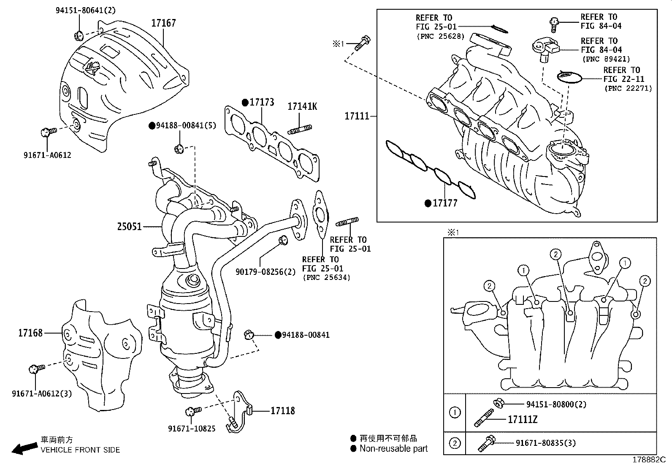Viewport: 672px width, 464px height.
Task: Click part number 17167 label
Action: point(163,23)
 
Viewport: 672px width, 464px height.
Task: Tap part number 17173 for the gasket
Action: point(261,102)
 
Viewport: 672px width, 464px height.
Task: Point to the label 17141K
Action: point(302,106)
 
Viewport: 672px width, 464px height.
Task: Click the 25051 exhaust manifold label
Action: point(130,227)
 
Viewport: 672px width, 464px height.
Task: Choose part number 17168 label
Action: point(30,333)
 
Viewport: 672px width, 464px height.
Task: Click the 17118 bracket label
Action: point(282,410)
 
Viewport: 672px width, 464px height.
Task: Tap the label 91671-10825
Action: point(192,429)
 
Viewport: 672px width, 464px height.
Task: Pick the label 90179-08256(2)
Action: point(266,272)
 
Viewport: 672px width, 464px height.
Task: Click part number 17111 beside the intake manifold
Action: point(357,116)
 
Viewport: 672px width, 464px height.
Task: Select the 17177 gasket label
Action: point(445,203)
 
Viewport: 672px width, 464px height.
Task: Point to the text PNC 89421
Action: point(606,59)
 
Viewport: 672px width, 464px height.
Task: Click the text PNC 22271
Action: point(628,88)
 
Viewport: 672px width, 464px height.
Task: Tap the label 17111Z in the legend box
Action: point(522,420)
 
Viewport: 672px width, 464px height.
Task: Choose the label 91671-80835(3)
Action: point(545,443)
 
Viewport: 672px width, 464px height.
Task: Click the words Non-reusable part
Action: point(393,449)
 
